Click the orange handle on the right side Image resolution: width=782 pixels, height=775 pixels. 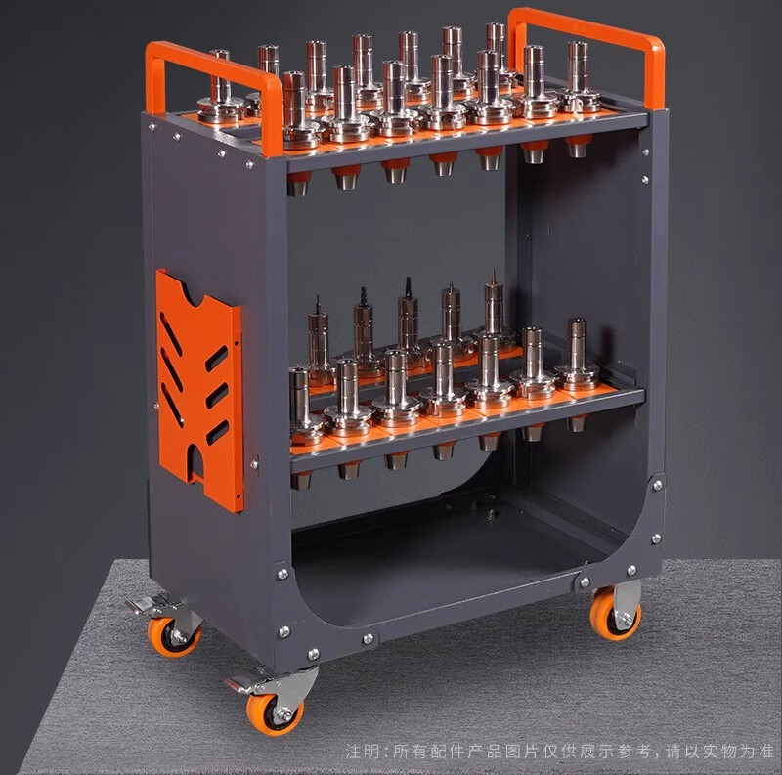pyautogui.click(x=588, y=30)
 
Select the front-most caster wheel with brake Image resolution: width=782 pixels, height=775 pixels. pyautogui.click(x=276, y=709)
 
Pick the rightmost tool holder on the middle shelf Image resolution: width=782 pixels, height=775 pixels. pyautogui.click(x=577, y=355)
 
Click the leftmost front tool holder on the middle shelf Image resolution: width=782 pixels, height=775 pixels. pyautogui.click(x=302, y=407)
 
